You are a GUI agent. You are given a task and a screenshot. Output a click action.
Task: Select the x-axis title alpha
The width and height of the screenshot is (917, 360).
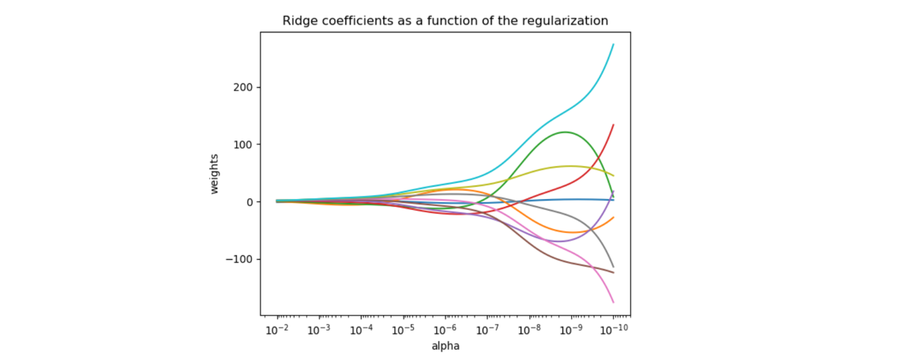tap(445, 346)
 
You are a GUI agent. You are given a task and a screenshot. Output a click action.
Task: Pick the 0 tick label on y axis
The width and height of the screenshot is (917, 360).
tap(250, 202)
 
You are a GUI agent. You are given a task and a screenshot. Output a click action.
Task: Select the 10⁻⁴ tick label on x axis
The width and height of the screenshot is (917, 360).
tap(362, 329)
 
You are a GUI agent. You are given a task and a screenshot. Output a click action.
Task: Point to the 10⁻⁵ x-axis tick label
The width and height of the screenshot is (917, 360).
tap(404, 329)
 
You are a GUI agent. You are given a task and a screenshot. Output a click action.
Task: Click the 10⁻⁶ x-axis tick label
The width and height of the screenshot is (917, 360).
tap(445, 329)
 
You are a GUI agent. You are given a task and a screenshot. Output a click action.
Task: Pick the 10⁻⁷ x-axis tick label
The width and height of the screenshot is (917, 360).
tap(487, 329)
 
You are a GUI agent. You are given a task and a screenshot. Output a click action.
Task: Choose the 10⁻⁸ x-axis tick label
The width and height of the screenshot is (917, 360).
tap(529, 329)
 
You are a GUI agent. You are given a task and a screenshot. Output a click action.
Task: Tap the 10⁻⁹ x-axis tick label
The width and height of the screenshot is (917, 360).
tap(571, 329)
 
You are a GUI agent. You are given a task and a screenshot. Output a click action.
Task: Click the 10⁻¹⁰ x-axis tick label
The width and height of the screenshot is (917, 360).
tap(612, 329)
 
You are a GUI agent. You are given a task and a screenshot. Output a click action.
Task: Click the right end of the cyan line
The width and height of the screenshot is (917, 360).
tap(613, 45)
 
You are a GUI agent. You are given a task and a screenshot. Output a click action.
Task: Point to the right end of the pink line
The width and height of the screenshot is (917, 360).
tap(613, 302)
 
